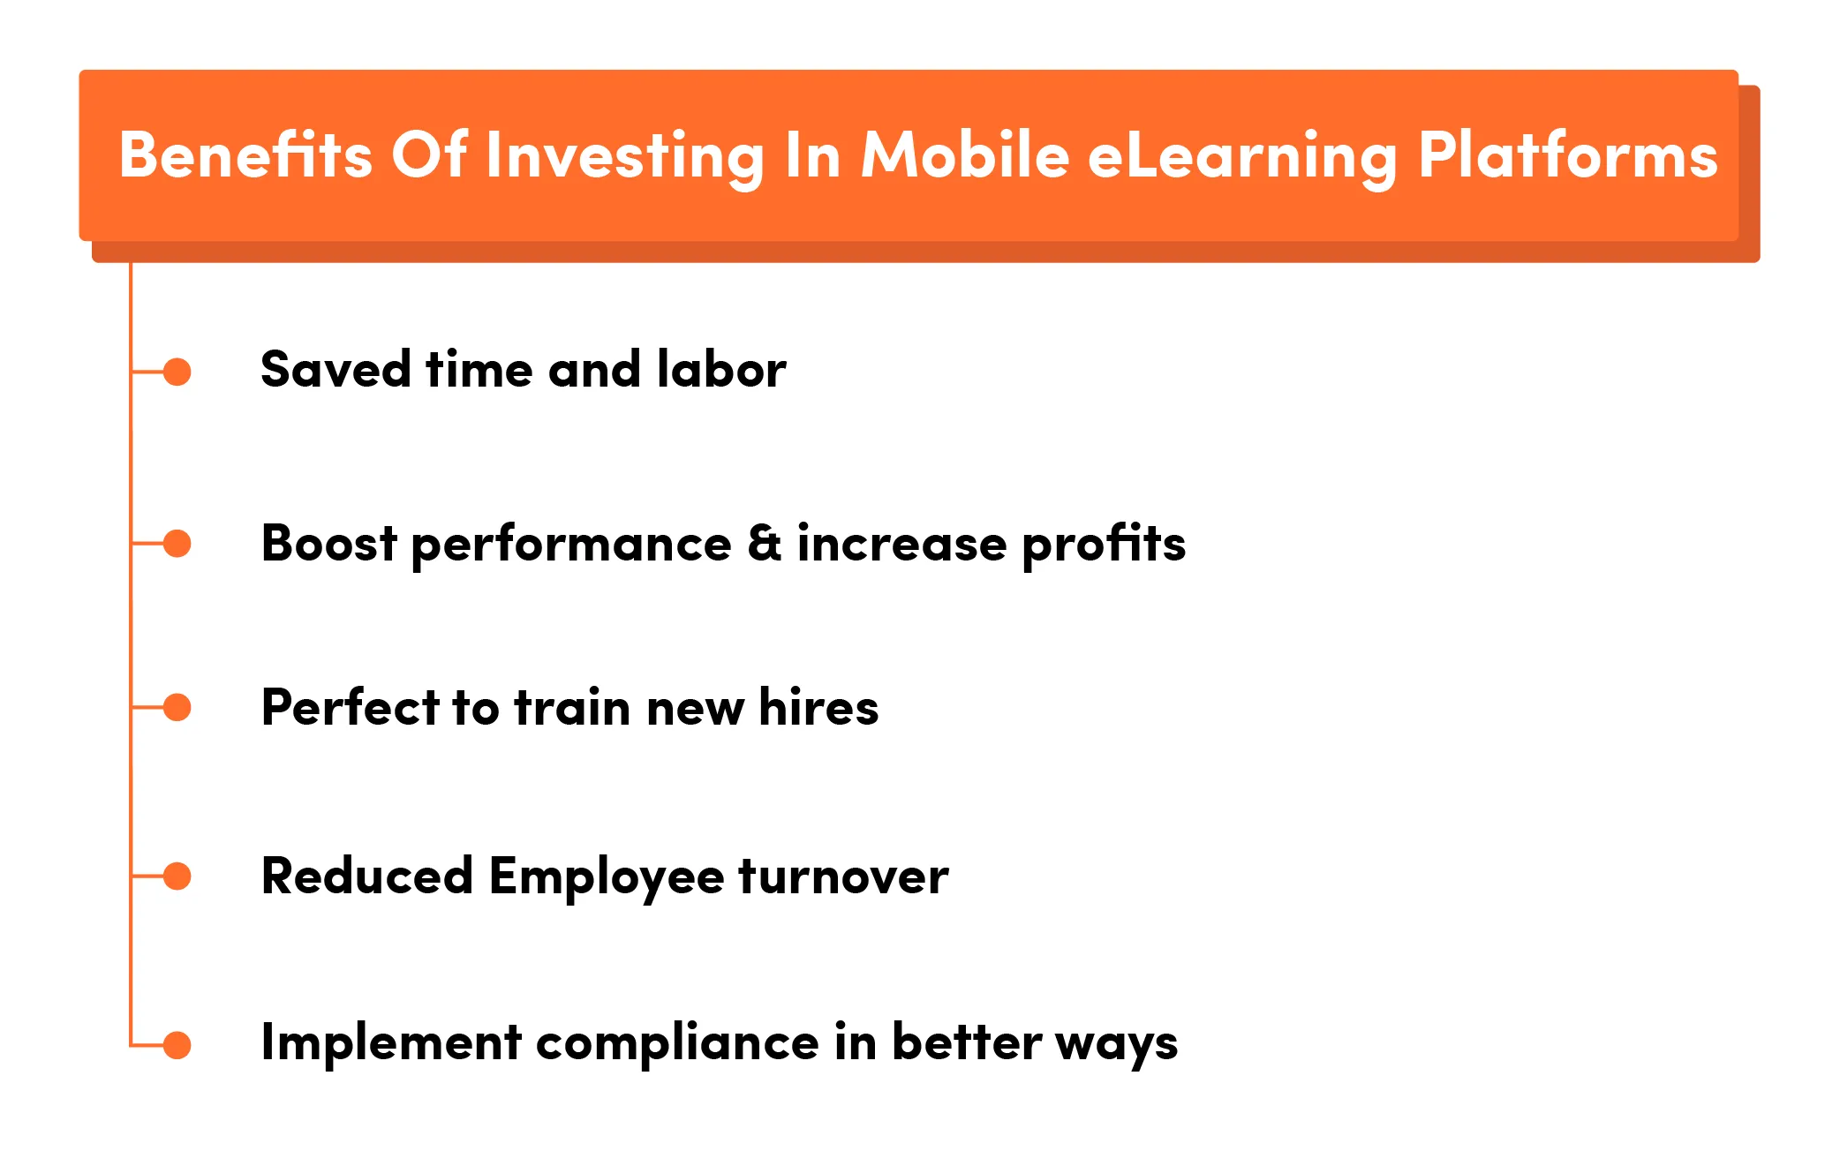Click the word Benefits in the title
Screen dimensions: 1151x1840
coord(245,155)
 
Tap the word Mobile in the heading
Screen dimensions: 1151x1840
coord(965,155)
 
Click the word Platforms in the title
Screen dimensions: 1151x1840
coord(1568,155)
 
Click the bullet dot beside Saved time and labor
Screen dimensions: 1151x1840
coord(177,372)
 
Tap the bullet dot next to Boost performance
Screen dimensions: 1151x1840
coord(177,544)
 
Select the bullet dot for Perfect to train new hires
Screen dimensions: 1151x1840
coord(177,707)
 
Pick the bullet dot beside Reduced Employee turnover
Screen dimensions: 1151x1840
coord(177,876)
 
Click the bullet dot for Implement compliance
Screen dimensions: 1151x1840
coord(177,1045)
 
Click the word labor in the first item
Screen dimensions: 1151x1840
coord(720,369)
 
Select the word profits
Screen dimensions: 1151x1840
coord(1104,545)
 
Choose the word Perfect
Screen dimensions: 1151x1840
coord(351,707)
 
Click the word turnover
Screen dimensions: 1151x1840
coord(843,876)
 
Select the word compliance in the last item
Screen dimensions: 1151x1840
coord(677,1043)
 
